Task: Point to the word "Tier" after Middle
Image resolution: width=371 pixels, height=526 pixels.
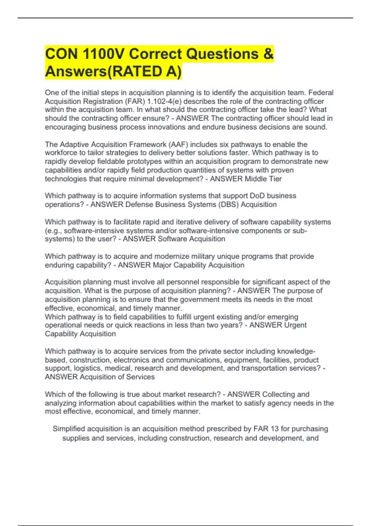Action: point(275,179)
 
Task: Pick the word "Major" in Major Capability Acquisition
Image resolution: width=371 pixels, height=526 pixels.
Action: point(162,265)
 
